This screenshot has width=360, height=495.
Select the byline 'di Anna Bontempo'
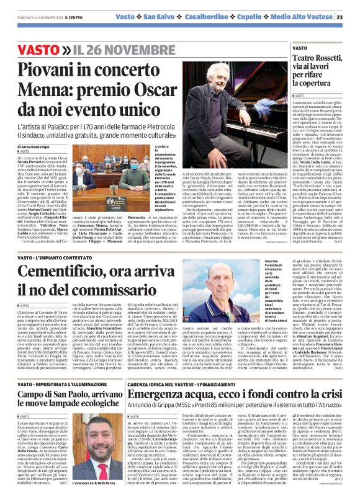32,146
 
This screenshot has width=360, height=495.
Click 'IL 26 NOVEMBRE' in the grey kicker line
124,49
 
